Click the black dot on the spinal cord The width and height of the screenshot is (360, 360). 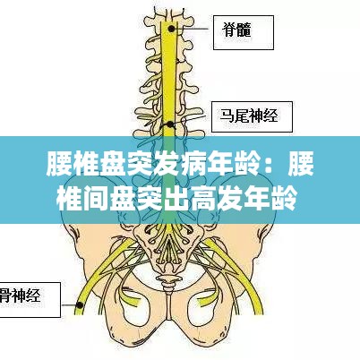[x=171, y=29]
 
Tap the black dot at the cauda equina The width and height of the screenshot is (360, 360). [x=170, y=124]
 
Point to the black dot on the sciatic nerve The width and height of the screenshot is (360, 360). [x=80, y=304]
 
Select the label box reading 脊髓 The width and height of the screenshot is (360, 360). [x=244, y=32]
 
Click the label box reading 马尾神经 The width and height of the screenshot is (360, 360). [x=252, y=116]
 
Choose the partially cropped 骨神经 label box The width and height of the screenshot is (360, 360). [x=30, y=300]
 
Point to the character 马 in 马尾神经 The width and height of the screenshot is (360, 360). [x=227, y=116]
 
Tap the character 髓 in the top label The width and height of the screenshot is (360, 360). [x=244, y=30]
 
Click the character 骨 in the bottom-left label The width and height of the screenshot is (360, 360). [x=3, y=296]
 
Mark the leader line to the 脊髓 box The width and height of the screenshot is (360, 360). [x=192, y=29]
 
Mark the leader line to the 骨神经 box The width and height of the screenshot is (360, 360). [x=69, y=304]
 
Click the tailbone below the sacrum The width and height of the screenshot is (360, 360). [x=167, y=283]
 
